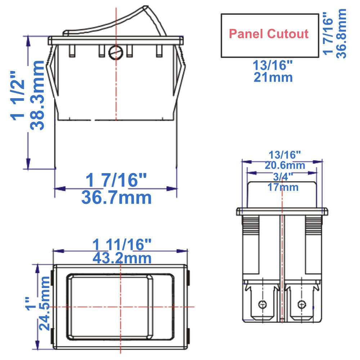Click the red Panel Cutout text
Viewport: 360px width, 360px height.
(x=269, y=34)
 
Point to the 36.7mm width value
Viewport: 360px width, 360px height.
(x=116, y=197)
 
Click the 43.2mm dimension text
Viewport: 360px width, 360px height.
(x=122, y=258)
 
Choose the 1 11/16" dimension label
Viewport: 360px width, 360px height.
(x=121, y=246)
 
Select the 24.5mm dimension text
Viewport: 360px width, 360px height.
(x=45, y=303)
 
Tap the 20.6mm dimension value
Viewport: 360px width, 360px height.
(x=285, y=166)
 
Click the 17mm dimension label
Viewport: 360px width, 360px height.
(x=283, y=187)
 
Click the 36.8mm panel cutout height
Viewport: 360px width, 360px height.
(x=341, y=33)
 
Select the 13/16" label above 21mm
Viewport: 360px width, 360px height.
(x=273, y=66)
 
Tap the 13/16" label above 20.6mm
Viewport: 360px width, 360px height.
(x=284, y=155)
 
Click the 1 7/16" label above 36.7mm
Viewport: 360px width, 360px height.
(x=116, y=180)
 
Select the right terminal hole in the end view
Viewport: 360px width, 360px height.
(x=301, y=305)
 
